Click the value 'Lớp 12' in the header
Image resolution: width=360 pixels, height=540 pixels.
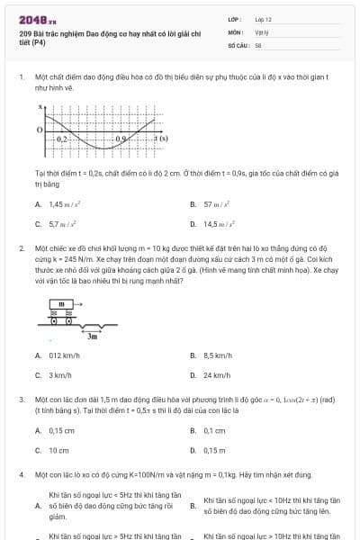263,18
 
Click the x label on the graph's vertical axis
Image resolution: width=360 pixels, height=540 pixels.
40,106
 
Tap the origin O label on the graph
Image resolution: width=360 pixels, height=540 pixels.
39,130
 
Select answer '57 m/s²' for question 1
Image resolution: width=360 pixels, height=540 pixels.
216,205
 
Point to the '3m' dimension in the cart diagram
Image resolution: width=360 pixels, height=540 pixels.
92,336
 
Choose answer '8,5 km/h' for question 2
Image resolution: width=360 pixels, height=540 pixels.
219,356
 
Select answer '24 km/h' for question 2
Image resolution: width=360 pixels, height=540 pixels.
217,374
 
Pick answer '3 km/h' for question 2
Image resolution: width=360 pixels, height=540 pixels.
59,374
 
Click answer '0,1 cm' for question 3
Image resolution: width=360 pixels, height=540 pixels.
214,431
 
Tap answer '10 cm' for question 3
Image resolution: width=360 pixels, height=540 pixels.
58,449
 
